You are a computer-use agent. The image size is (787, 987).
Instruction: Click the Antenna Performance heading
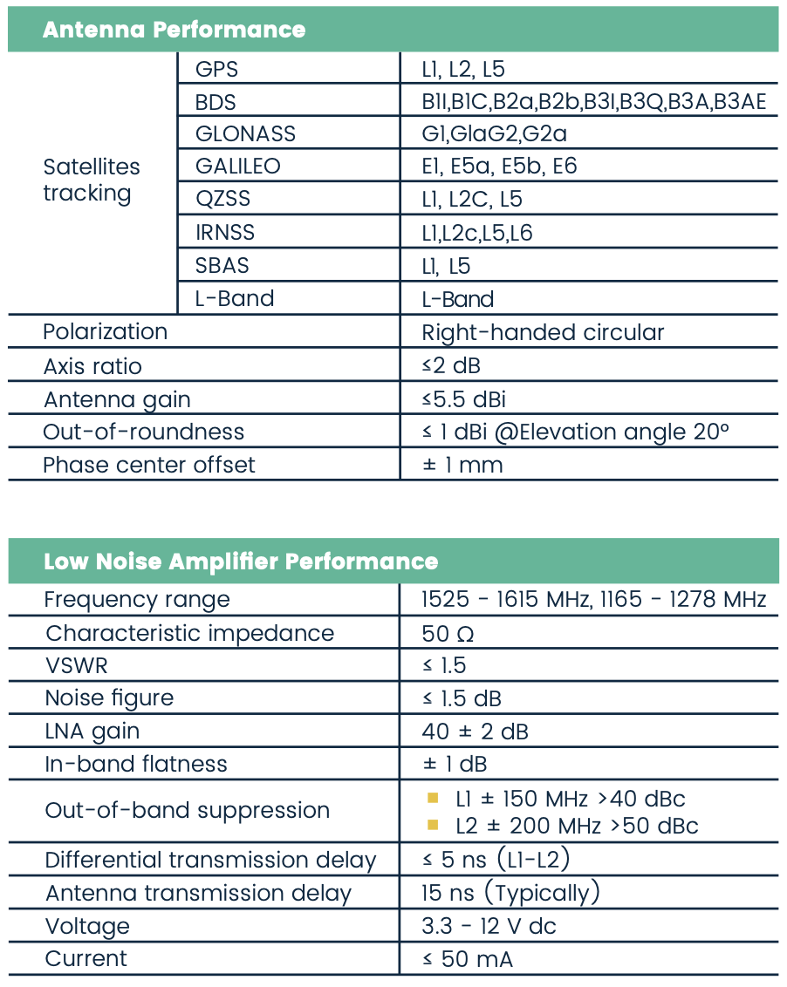pyautogui.click(x=174, y=30)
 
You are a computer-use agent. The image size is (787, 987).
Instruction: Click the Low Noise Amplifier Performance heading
pyautogui.click(x=240, y=561)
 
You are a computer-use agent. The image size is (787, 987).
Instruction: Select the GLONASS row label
pyautogui.click(x=245, y=133)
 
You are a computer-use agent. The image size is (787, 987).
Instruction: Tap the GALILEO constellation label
pyautogui.click(x=237, y=167)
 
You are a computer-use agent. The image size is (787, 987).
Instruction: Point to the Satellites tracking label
pyautogui.click(x=92, y=180)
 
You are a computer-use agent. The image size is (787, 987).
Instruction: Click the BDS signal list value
pyautogui.click(x=593, y=102)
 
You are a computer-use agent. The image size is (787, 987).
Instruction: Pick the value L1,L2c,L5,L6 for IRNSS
pyautogui.click(x=476, y=233)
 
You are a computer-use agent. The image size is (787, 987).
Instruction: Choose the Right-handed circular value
pyautogui.click(x=543, y=332)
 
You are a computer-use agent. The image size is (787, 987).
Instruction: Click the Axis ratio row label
pyautogui.click(x=92, y=366)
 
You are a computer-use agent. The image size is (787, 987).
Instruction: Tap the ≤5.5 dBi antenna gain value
pyautogui.click(x=463, y=399)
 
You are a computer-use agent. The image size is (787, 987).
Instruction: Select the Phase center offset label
pyautogui.click(x=149, y=465)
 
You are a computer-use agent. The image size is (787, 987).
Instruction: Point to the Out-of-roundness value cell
pyautogui.click(x=575, y=432)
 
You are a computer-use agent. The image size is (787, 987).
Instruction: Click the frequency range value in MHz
pyautogui.click(x=593, y=600)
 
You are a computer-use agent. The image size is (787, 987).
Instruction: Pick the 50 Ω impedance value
pyautogui.click(x=448, y=633)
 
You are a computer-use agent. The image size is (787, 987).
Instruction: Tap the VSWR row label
pyautogui.click(x=76, y=666)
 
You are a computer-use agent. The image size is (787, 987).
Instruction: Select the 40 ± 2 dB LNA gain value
pyautogui.click(x=475, y=732)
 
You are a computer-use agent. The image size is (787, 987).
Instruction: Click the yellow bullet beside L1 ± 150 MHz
pyautogui.click(x=432, y=798)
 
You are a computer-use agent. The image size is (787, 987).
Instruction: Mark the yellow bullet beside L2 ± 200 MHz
pyautogui.click(x=432, y=825)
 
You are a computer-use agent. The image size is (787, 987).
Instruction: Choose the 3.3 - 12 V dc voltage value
pyautogui.click(x=489, y=926)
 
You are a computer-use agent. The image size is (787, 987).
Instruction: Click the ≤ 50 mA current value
pyautogui.click(x=468, y=959)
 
